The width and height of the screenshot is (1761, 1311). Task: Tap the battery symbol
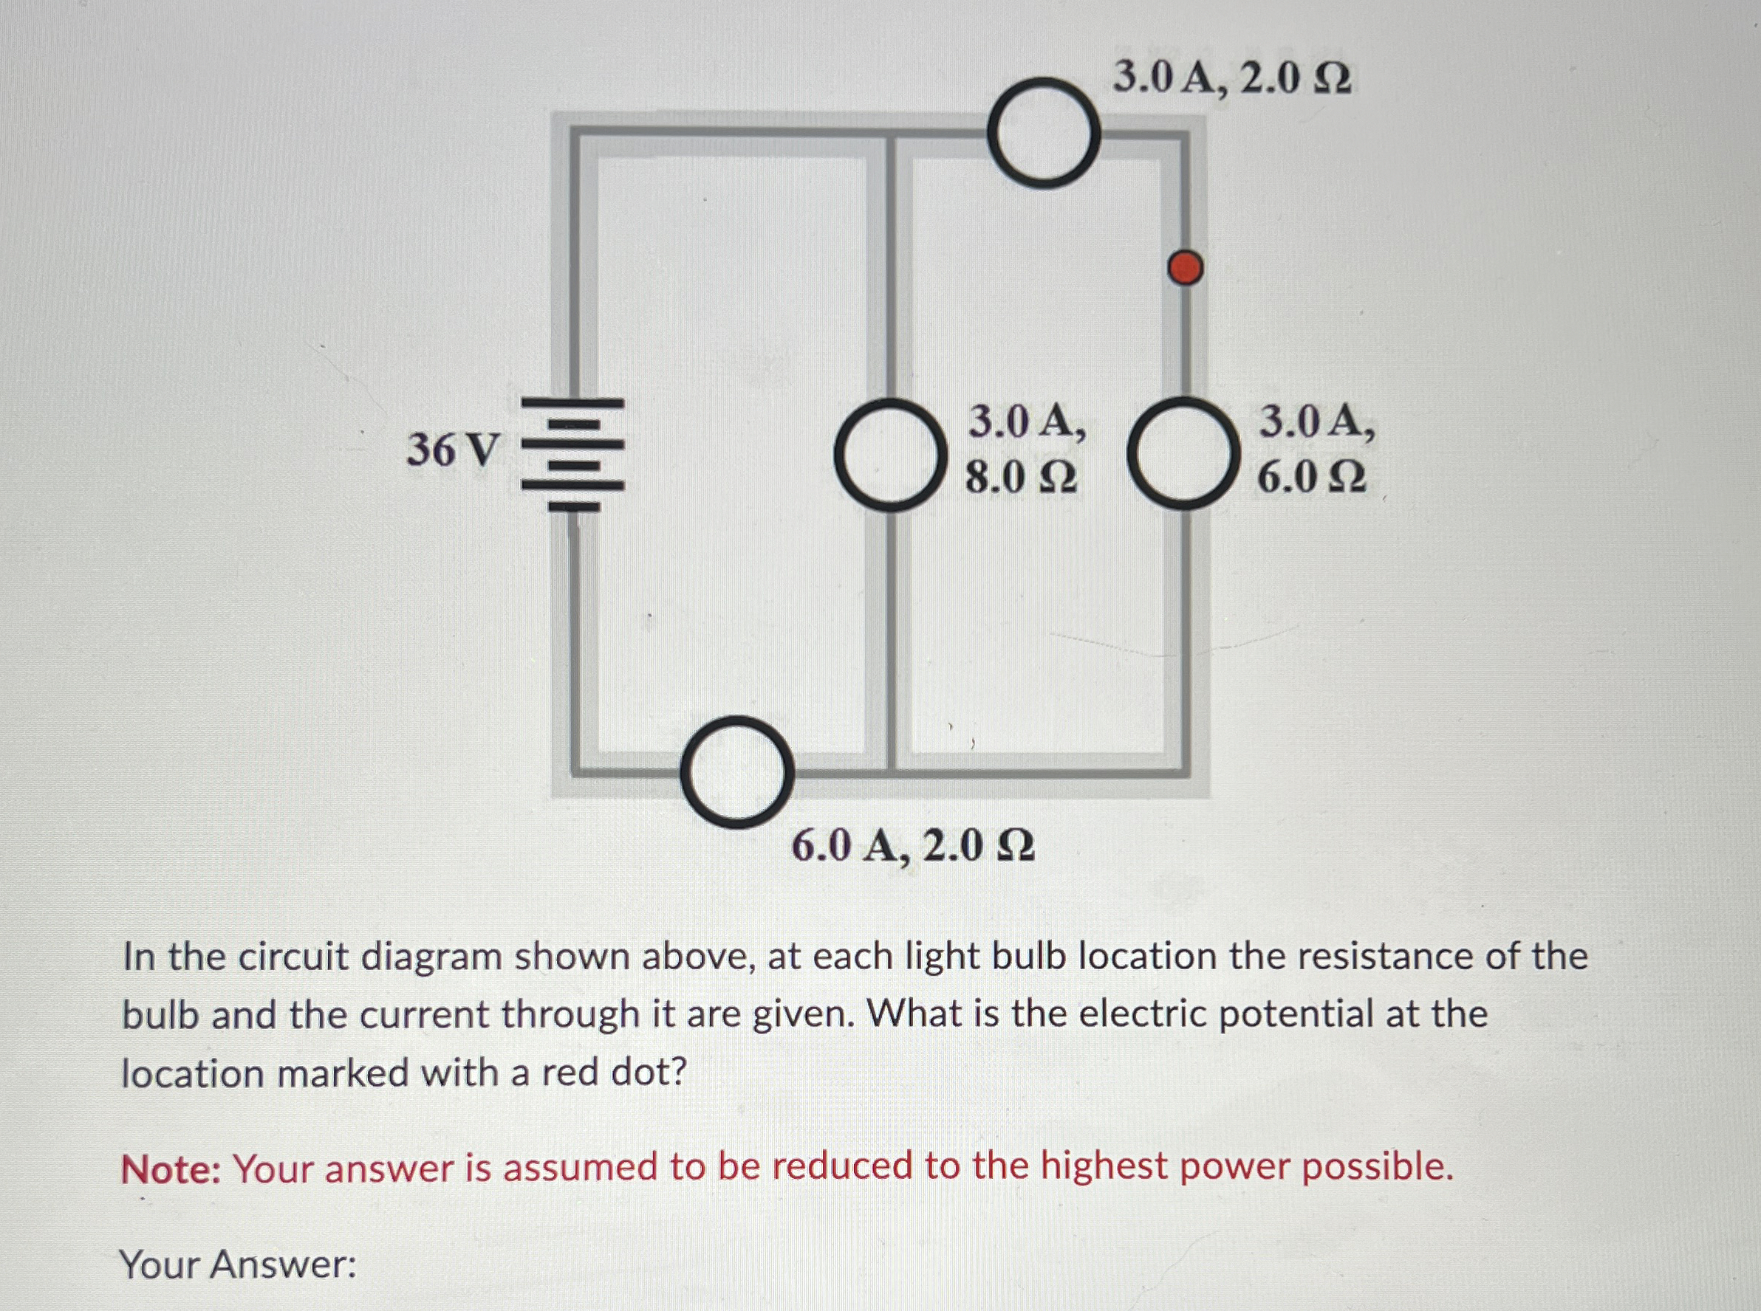click(572, 454)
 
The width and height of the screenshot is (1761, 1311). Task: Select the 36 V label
click(454, 451)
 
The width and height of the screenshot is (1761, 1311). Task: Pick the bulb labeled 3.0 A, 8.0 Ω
click(890, 454)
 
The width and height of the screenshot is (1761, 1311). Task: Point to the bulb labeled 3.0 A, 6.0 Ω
click(1184, 454)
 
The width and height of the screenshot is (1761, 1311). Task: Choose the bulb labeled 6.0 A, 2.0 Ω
click(738, 771)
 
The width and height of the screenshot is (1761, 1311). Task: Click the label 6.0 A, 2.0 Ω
click(913, 847)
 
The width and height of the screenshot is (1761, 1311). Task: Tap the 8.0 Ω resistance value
click(1021, 478)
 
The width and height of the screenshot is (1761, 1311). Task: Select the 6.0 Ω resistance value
click(1313, 478)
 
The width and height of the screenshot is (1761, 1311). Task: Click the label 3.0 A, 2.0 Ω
click(1231, 78)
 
